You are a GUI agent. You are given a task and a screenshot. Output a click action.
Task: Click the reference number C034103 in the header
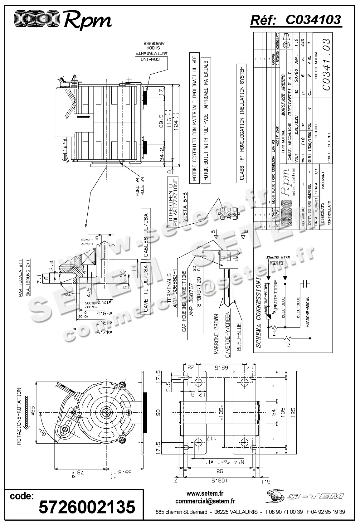313,20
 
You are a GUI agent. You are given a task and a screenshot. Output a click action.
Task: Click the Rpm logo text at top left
87,20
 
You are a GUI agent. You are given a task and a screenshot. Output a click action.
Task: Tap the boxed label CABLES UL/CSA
145,233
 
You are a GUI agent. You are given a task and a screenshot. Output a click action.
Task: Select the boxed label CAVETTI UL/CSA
145,288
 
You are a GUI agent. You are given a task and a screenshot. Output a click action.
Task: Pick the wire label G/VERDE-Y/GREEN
227,334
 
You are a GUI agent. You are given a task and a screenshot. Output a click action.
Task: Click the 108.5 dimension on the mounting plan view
220,489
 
